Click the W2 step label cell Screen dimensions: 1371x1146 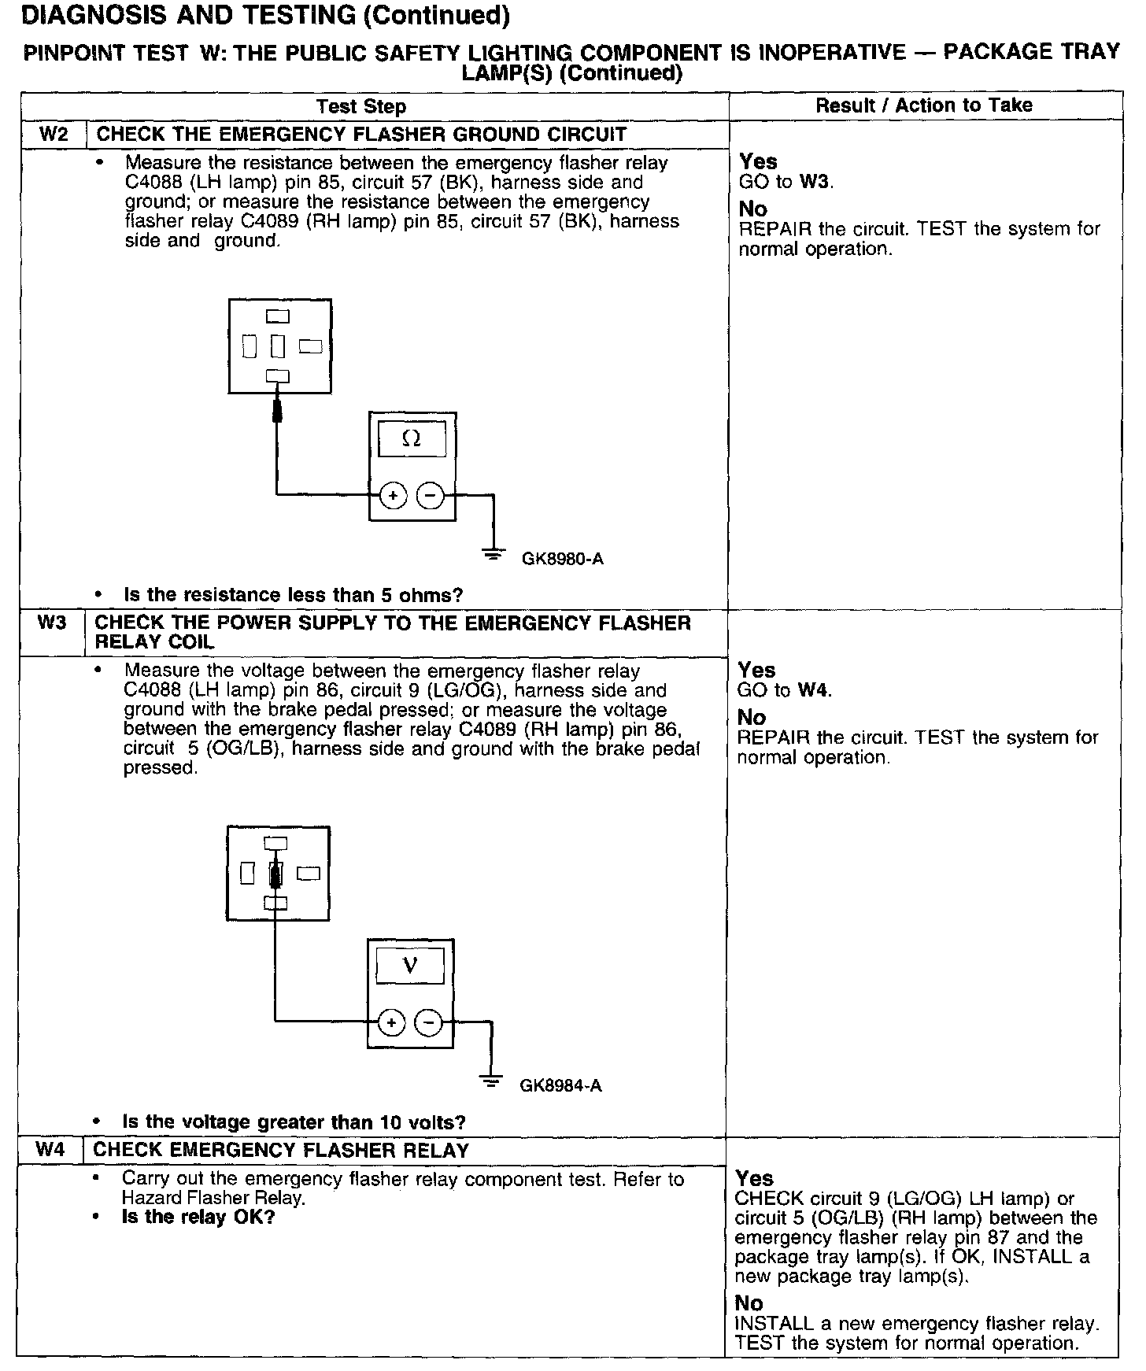[54, 134]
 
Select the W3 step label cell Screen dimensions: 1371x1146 [51, 623]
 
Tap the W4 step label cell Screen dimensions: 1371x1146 [49, 1150]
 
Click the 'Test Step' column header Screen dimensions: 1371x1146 [361, 106]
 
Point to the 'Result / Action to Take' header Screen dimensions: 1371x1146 [923, 105]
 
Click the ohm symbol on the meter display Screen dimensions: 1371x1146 [412, 439]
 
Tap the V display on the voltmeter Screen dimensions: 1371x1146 [410, 966]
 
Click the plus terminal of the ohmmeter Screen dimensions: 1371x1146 [393, 496]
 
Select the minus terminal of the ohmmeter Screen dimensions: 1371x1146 [430, 496]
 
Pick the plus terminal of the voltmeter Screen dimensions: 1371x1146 [391, 1022]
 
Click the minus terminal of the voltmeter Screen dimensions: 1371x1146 [428, 1022]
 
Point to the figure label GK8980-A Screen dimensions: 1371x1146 [562, 560]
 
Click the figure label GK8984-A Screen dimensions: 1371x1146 [560, 1086]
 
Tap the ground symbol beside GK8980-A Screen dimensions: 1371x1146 [494, 554]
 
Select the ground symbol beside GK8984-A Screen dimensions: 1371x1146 [492, 1081]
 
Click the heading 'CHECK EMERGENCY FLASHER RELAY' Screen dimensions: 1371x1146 [281, 1150]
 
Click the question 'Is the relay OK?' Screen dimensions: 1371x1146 [198, 1217]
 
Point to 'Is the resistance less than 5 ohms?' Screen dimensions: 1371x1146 [293, 594]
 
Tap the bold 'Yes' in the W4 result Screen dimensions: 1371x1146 [755, 1178]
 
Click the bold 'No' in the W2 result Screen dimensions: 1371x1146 [752, 209]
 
